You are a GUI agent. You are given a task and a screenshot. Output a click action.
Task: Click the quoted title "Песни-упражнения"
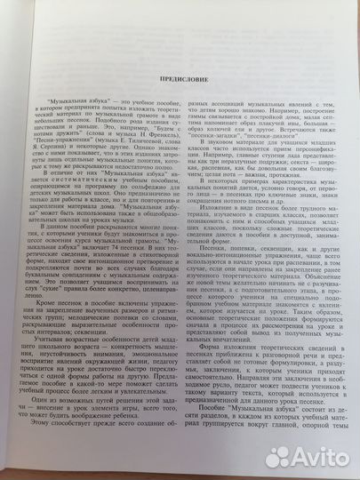pos(68,143)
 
